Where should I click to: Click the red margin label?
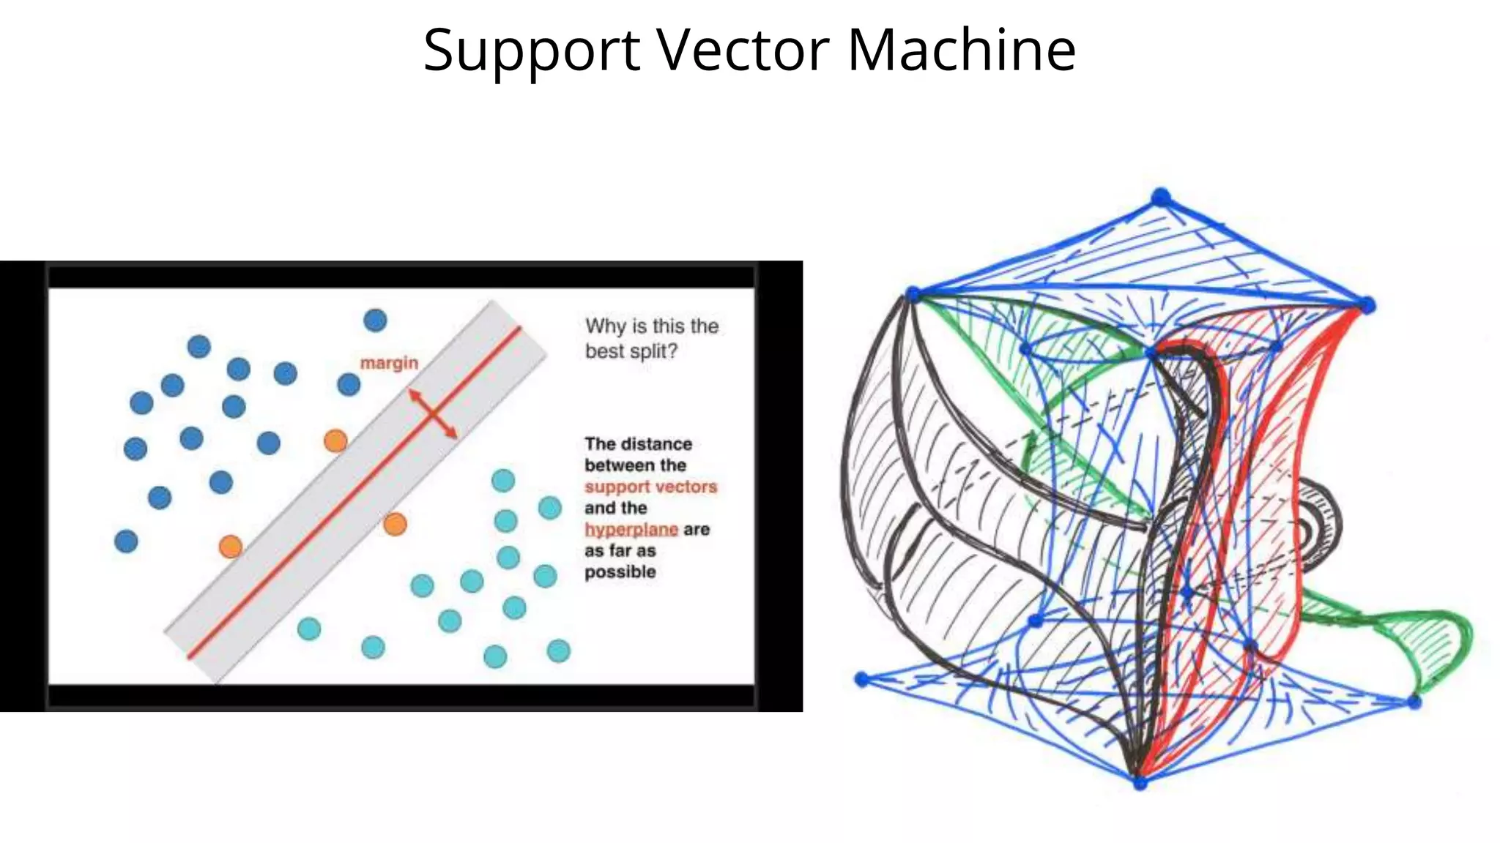point(389,363)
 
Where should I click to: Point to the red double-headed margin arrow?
point(433,414)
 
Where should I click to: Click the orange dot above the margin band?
point(335,441)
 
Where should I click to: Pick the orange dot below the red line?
point(395,524)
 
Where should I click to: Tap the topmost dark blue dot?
point(375,320)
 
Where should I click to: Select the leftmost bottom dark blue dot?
point(126,542)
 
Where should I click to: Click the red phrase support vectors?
point(650,487)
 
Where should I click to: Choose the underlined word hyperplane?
point(631,529)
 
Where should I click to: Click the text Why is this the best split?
point(651,338)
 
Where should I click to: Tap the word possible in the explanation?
point(620,572)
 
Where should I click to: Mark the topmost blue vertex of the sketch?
point(1161,197)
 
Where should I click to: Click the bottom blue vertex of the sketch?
point(1140,783)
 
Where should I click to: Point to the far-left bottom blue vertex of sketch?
point(862,680)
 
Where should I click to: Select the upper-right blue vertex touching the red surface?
point(1367,305)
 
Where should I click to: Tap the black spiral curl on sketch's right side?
point(1315,525)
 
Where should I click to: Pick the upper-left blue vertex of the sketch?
point(913,294)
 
